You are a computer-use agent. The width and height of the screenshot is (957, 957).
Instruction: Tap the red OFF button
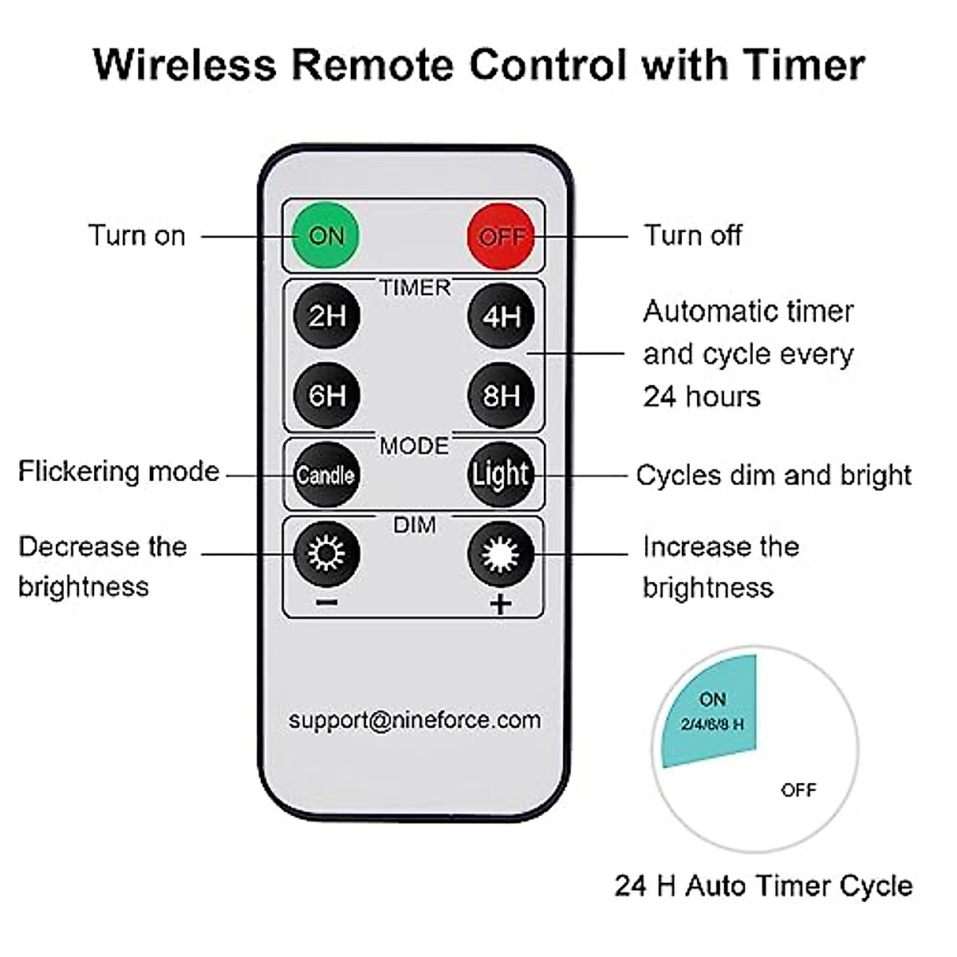point(501,236)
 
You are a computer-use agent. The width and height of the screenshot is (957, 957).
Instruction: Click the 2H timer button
point(327,316)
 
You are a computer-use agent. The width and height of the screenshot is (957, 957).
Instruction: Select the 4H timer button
point(501,316)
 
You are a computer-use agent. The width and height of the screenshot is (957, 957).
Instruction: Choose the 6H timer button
point(327,396)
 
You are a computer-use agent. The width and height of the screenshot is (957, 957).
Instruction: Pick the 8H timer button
point(501,396)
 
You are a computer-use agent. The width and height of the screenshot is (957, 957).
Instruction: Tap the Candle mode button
point(326,475)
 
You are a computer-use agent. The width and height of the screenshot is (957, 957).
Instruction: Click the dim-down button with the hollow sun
point(327,553)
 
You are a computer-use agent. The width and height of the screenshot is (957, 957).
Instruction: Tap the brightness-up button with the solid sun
point(501,553)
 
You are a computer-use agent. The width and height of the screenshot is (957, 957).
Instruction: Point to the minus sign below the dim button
point(327,603)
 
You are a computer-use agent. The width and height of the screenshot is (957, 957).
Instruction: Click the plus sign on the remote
point(501,604)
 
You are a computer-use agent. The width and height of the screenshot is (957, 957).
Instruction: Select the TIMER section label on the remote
point(415,288)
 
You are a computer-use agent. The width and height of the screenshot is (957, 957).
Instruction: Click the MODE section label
point(414,446)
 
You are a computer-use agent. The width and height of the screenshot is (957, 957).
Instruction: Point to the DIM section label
point(415,526)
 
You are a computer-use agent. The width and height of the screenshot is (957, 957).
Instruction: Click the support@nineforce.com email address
point(415,720)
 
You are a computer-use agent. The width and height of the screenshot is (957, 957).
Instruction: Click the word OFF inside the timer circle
point(798,790)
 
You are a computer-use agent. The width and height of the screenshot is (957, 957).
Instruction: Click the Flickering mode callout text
point(119,471)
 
